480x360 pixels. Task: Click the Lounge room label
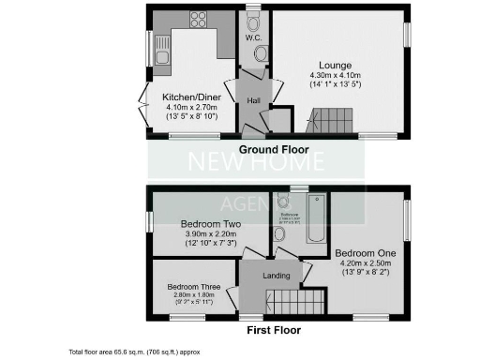click(335, 65)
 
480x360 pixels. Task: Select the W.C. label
click(252, 38)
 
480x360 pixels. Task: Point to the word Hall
click(253, 100)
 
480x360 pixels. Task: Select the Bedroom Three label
click(194, 287)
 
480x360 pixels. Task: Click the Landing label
click(275, 275)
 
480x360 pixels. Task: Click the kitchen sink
click(162, 55)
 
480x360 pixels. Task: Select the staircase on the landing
click(296, 303)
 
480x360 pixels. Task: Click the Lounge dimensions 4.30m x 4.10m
click(335, 76)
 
